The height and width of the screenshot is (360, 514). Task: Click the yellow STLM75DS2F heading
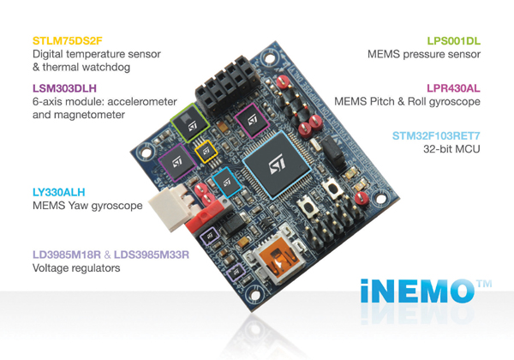point(68,41)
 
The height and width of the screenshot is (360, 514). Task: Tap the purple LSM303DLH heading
point(64,88)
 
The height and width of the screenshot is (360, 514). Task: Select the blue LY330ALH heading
point(58,192)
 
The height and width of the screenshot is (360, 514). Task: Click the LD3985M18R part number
point(67,255)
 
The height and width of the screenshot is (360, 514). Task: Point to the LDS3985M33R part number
point(152,255)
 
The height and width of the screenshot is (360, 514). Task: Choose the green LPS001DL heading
point(454,41)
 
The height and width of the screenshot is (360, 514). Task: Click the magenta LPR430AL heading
point(453,88)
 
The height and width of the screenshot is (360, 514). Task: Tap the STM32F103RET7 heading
point(436,135)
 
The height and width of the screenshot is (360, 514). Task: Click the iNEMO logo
point(426,291)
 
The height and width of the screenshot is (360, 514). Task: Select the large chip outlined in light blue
point(278,165)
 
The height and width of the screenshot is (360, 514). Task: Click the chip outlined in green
point(190,123)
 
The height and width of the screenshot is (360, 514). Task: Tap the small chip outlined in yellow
point(206,151)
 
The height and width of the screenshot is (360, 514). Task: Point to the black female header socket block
point(228,86)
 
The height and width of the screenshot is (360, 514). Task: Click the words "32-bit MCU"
point(451,149)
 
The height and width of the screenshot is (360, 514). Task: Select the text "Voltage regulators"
point(76,268)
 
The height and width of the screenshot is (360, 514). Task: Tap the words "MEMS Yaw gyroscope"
point(87,206)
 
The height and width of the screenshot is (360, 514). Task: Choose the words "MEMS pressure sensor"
point(424,54)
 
